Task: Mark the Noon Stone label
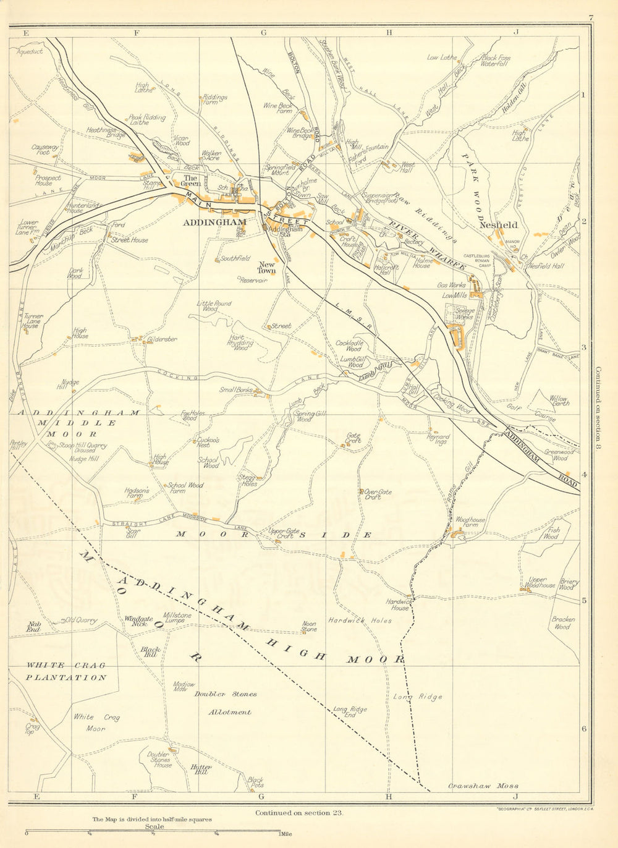(309, 627)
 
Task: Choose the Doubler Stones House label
(159, 760)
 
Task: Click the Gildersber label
(162, 339)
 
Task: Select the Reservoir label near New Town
(253, 280)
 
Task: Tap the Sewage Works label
(465, 313)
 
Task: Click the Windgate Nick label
(138, 621)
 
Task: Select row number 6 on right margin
(584, 729)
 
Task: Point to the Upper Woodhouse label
(541, 583)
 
